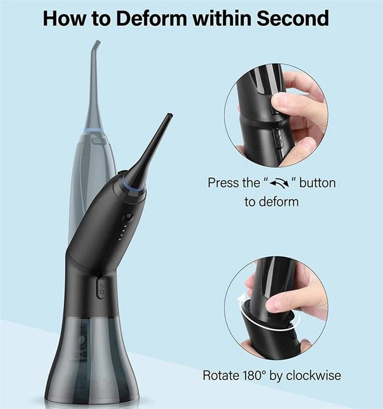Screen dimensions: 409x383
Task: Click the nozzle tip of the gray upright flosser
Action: [x=95, y=42]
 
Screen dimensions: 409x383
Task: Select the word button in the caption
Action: [x=317, y=183]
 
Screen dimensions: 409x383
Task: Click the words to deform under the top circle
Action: [x=271, y=202]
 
